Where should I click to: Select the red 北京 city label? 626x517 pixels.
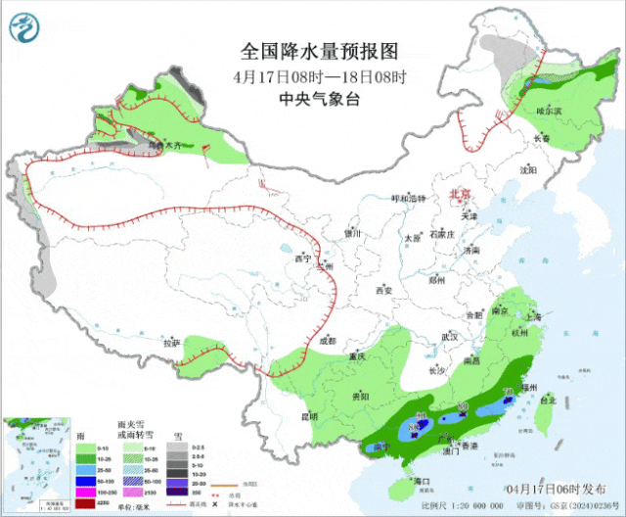[460, 194]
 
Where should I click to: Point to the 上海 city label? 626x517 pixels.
[533, 316]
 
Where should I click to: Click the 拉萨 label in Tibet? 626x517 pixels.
[172, 343]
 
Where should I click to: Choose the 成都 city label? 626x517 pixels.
[326, 341]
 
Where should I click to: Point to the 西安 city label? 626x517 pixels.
[382, 290]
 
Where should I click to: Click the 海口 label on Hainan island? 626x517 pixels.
[423, 482]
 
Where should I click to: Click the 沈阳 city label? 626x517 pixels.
[529, 169]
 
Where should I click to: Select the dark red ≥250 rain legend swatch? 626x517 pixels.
[87, 503]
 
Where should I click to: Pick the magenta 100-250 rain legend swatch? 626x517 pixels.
[87, 493]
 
